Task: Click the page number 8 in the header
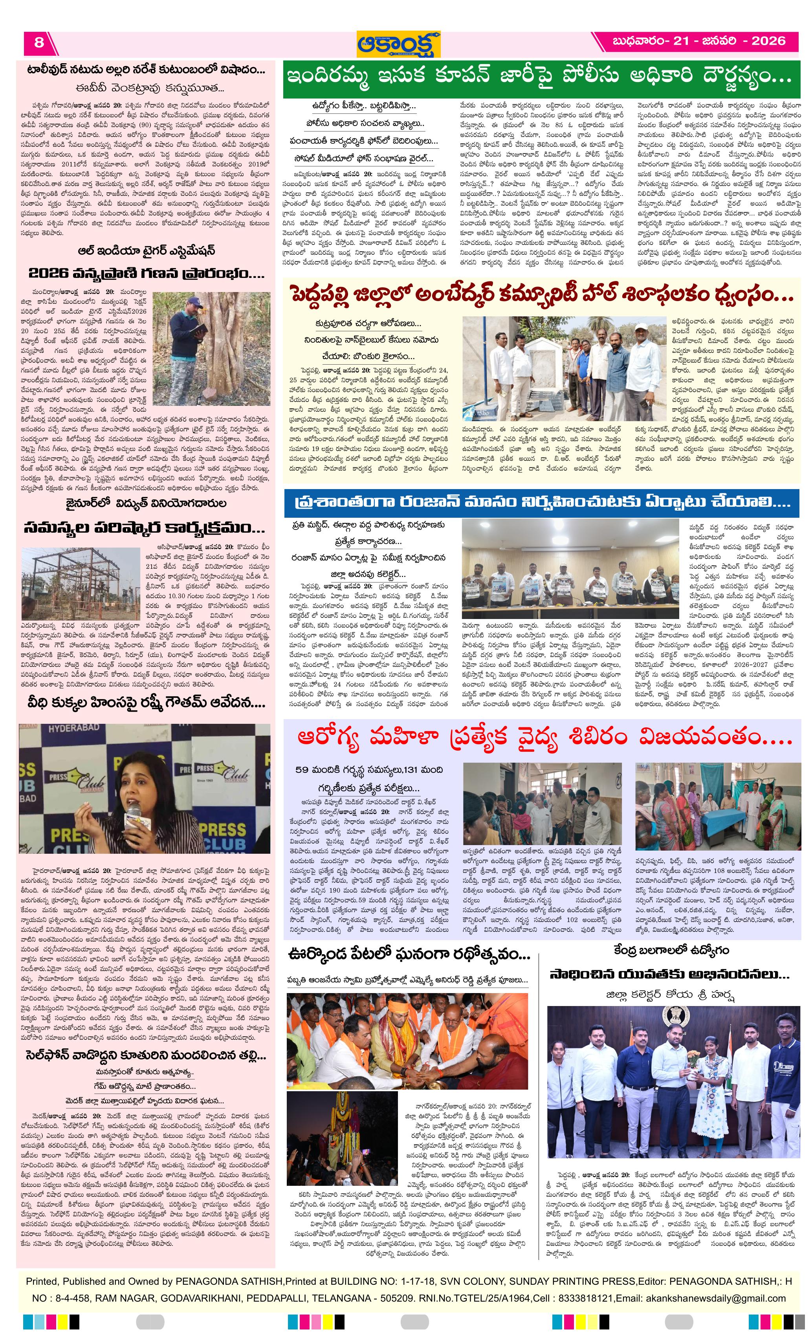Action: click(x=39, y=42)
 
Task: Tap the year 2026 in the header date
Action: click(x=768, y=41)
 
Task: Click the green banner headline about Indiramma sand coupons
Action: click(x=541, y=80)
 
